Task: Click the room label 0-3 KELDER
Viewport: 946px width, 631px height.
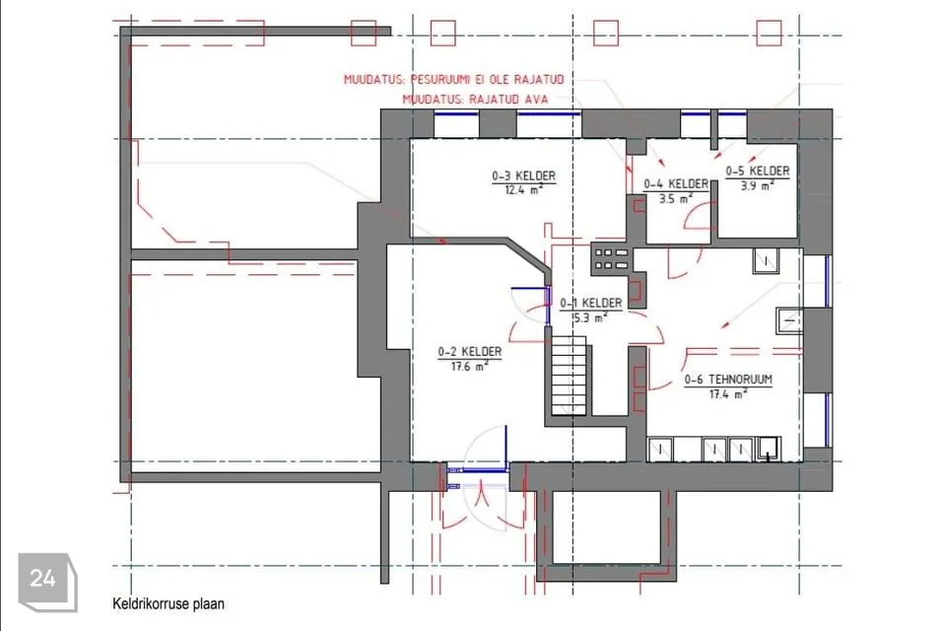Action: [x=523, y=176]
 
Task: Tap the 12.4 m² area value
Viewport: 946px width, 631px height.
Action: [x=523, y=190]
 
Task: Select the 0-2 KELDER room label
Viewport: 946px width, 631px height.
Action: [x=469, y=351]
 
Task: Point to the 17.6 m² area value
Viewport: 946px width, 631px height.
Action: [x=469, y=366]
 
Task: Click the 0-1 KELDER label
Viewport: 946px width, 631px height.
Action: [x=590, y=303]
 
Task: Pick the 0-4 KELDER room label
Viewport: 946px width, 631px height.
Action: [x=676, y=183]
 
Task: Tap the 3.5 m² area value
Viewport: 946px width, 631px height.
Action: [x=676, y=198]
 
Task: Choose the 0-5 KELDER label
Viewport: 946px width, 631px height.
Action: [x=757, y=172]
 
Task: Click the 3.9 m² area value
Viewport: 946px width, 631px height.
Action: [x=757, y=186]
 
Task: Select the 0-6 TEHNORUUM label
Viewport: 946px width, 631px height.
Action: [x=728, y=380]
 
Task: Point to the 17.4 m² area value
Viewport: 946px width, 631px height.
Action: [x=728, y=394]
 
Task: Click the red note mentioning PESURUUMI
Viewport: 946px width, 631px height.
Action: [x=453, y=80]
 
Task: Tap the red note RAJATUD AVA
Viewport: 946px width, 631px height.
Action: [x=475, y=99]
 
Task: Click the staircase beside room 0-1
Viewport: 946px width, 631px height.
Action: [x=569, y=376]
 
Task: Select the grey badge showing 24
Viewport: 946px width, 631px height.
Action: [x=47, y=581]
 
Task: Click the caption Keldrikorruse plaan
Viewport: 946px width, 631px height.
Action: [x=169, y=603]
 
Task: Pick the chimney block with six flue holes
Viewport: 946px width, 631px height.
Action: [x=612, y=259]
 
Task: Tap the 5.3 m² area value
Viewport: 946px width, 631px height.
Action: [x=590, y=317]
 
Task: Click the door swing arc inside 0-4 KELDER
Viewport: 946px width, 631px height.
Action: [x=694, y=217]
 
